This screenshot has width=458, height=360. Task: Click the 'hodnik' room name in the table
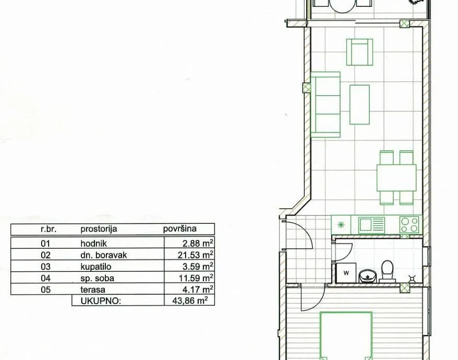point(94,243)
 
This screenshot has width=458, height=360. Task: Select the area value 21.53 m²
point(195,255)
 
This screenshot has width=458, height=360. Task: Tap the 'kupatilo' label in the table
point(96,266)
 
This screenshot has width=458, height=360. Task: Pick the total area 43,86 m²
point(190,300)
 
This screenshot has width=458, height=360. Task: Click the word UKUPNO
point(101,301)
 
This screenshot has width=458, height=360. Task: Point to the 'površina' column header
point(180,229)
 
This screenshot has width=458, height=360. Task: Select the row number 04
point(46,278)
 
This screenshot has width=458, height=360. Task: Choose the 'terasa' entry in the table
point(93,289)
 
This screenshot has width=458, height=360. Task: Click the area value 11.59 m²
point(196,278)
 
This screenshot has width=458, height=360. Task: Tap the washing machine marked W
point(346,273)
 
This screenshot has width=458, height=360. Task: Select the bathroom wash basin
point(368,276)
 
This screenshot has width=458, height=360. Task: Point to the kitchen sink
point(372,225)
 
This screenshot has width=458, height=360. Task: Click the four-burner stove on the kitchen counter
point(410,225)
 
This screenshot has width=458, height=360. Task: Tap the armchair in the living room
point(360,52)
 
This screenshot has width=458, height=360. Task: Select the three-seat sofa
point(325,104)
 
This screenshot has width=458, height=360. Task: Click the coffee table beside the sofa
point(360,104)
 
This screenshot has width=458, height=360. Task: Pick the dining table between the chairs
point(396,177)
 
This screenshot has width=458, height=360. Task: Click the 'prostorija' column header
point(99,229)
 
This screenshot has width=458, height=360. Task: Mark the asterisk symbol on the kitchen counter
point(341,225)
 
